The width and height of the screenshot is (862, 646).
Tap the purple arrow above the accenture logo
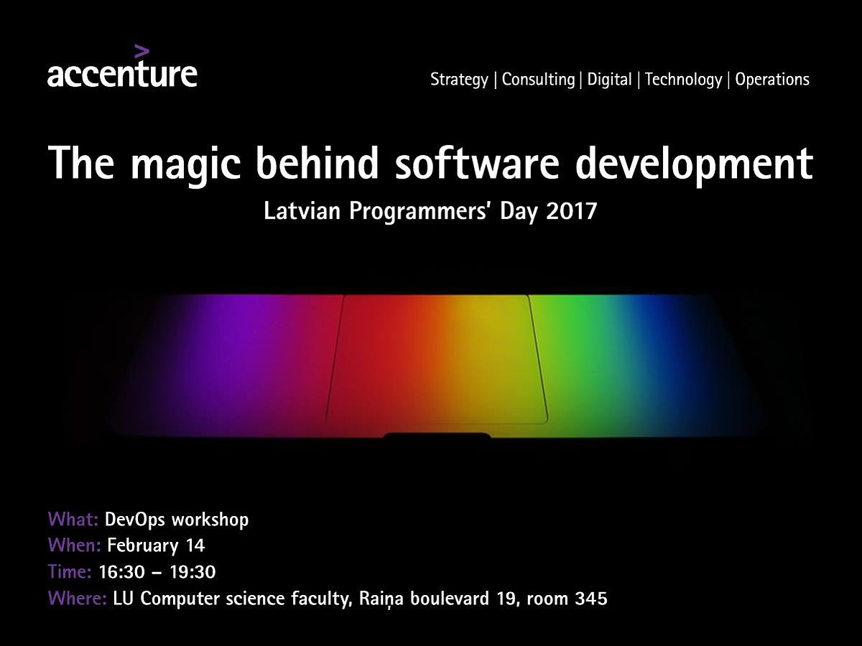142,52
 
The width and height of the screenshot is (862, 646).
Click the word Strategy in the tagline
459,80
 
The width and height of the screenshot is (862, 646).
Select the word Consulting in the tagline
538,80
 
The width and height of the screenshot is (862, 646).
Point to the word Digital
609,80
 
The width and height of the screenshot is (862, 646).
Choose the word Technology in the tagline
683,80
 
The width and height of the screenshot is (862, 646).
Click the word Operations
772,79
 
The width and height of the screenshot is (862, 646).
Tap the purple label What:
73,519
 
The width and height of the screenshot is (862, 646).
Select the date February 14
156,546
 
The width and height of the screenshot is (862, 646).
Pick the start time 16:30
121,572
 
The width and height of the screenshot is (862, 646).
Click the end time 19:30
193,572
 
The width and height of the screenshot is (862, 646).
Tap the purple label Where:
78,598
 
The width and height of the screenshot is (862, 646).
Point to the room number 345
591,599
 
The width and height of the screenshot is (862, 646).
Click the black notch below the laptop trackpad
437,436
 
